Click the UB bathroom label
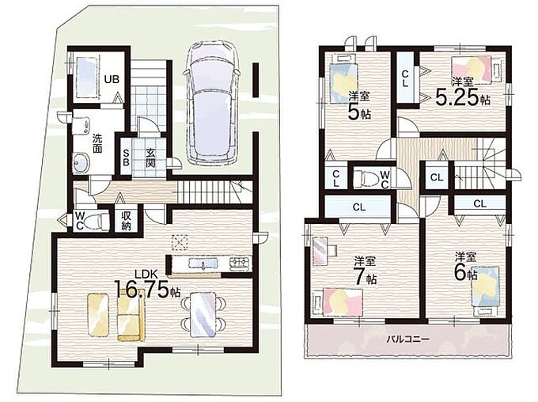coord(112,79)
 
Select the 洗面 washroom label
coord(97,144)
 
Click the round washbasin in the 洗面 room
coord(81,162)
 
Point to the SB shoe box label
coord(126,157)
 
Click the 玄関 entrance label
coord(150,157)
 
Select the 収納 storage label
coord(126,221)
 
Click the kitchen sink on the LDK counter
coord(203,264)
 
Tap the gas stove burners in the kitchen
coord(241,263)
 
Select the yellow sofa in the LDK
coord(131,319)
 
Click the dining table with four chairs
coord(203,313)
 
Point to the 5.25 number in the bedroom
coord(457,97)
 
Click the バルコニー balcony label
coord(408,339)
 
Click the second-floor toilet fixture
coord(366,178)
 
